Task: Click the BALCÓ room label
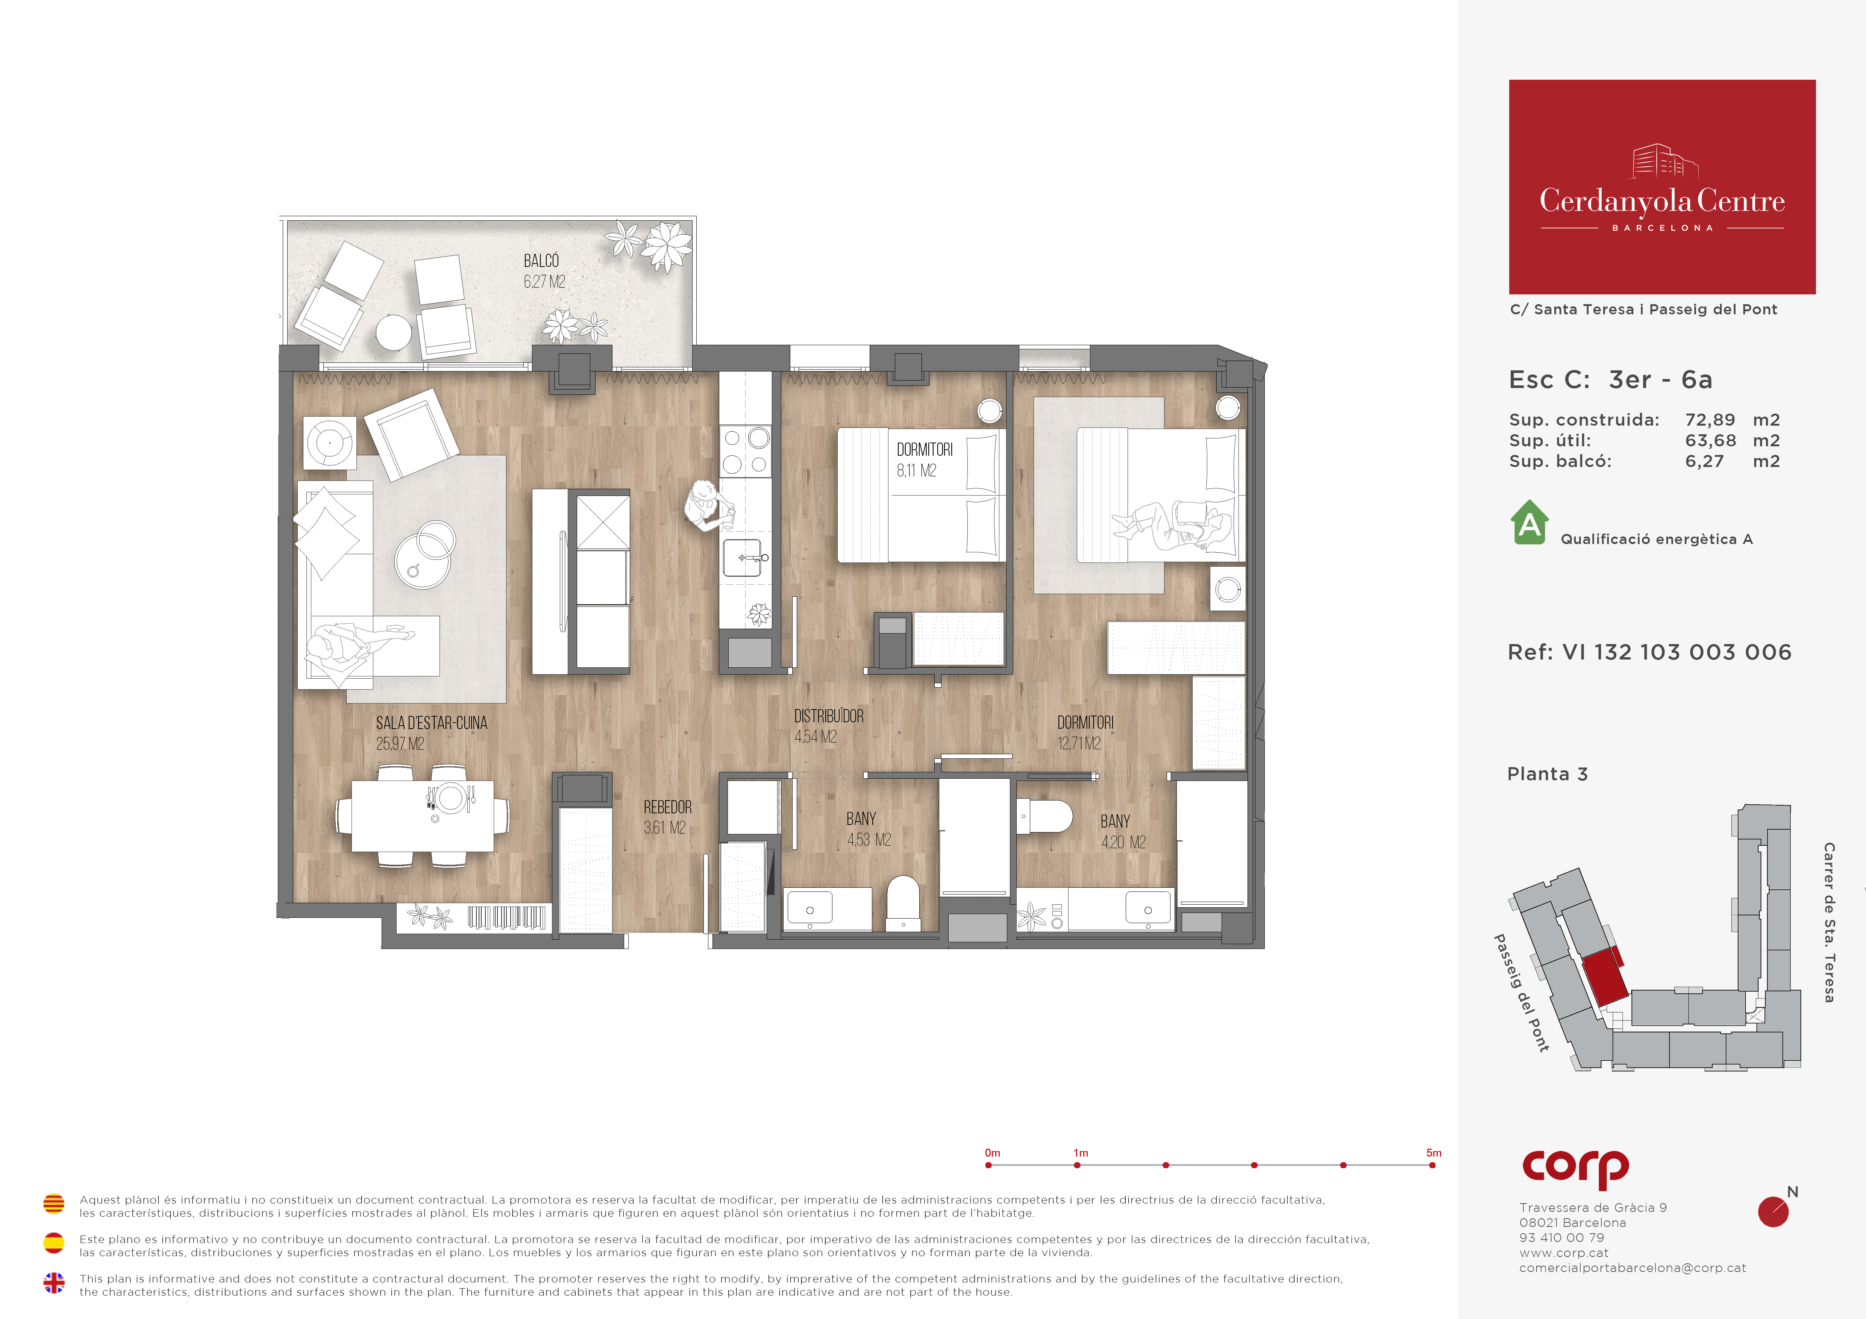[x=541, y=261]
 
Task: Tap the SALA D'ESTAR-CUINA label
[x=432, y=723]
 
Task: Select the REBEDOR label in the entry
[x=667, y=807]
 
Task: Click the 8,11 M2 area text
[x=917, y=470]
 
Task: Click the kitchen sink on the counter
[x=743, y=558]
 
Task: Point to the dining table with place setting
[x=423, y=816]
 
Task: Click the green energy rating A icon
[x=1529, y=523]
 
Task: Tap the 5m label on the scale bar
[x=1434, y=1152]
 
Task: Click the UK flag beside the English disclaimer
[x=54, y=1283]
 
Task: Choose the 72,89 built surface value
[x=1710, y=420]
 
